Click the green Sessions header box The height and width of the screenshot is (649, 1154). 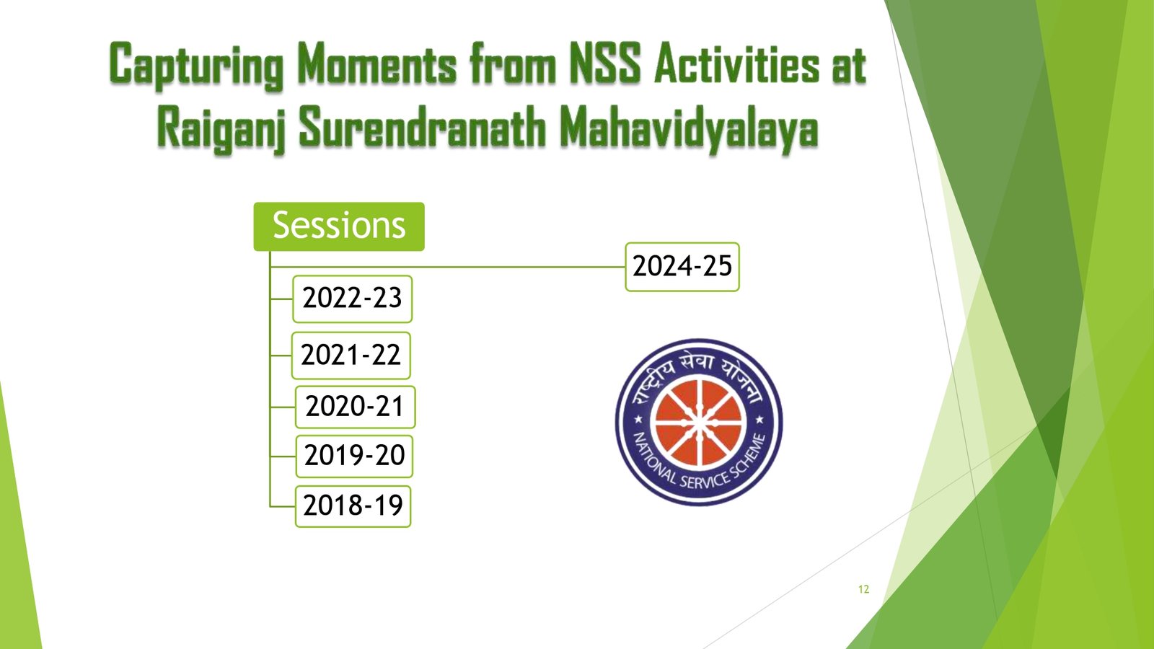(x=339, y=226)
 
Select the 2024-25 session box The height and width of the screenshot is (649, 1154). (x=682, y=267)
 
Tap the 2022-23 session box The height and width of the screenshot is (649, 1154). (x=353, y=299)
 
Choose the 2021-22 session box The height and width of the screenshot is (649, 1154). (x=351, y=356)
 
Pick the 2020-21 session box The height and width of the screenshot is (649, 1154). (x=355, y=407)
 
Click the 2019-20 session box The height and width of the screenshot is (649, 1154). (x=354, y=456)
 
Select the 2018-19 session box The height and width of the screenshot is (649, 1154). (x=353, y=506)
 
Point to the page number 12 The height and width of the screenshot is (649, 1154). (x=864, y=589)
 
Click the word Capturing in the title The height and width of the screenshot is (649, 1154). (x=196, y=66)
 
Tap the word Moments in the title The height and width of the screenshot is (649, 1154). (x=377, y=63)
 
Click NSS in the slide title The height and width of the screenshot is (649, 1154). (x=605, y=63)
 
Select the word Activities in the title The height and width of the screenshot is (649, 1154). (x=736, y=63)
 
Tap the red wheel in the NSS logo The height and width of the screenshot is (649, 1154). (x=699, y=423)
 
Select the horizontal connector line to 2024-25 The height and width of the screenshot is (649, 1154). (x=448, y=267)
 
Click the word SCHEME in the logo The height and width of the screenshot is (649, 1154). (x=751, y=454)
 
